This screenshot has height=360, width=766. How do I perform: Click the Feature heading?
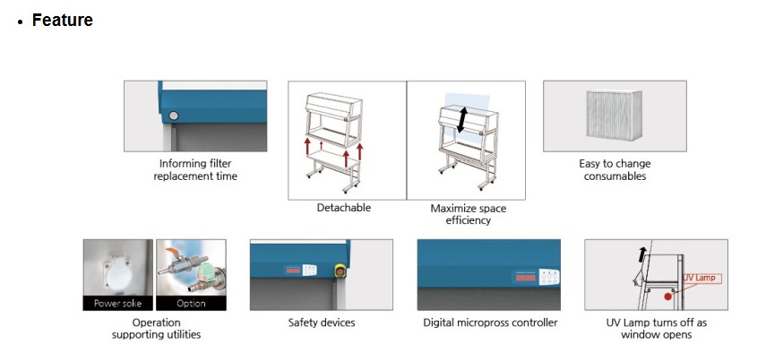click(x=62, y=20)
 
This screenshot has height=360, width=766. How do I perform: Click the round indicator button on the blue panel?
click(x=173, y=116)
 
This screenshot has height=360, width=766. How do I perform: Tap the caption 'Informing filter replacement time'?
click(x=195, y=169)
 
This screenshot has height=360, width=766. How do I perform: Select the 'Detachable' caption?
click(x=344, y=208)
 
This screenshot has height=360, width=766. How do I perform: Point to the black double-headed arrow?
click(x=462, y=120)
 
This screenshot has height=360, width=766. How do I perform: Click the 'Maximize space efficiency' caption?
click(x=468, y=214)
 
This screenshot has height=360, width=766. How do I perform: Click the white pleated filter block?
click(x=615, y=116)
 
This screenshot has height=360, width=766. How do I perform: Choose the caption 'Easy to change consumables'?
click(x=615, y=169)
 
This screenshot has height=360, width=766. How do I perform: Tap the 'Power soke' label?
click(x=117, y=304)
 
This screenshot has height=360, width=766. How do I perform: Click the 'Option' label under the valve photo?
click(x=191, y=304)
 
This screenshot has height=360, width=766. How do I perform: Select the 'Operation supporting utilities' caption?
click(x=156, y=329)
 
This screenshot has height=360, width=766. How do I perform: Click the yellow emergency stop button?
click(x=340, y=270)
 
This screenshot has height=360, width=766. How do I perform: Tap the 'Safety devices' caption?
click(x=322, y=322)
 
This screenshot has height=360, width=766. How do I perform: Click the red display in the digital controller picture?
click(x=524, y=278)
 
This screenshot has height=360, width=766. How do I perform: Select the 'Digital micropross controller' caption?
click(x=490, y=323)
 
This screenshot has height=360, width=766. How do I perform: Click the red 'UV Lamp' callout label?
click(x=701, y=279)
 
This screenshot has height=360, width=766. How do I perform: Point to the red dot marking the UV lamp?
click(x=667, y=296)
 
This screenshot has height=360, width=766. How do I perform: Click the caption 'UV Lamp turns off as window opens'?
click(x=656, y=329)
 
